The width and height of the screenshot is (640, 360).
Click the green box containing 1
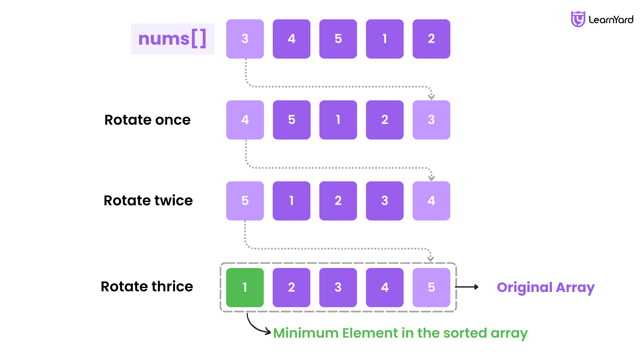point(245,287)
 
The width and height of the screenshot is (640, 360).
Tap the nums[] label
point(172,39)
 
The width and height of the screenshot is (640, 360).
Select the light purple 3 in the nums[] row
point(245,39)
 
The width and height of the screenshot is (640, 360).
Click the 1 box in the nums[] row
point(385,39)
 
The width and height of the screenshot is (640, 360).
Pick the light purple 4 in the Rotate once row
point(245,120)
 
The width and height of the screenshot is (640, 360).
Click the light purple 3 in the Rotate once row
point(431,120)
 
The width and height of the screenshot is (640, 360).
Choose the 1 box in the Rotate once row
point(338,120)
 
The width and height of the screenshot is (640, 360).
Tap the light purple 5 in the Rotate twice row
point(245,201)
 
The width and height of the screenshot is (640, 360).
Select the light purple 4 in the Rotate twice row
point(431,201)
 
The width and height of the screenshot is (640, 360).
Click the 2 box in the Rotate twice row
point(338,201)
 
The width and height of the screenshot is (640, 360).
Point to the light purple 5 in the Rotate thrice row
point(431,287)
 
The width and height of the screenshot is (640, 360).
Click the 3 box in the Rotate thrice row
point(338,287)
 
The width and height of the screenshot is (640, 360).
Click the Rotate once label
point(147,120)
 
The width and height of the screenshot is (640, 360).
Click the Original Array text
point(546,287)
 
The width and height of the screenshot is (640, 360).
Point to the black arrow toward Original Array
point(467,287)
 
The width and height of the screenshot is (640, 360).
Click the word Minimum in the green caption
point(306,333)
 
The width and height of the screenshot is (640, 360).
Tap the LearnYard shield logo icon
point(578,19)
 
